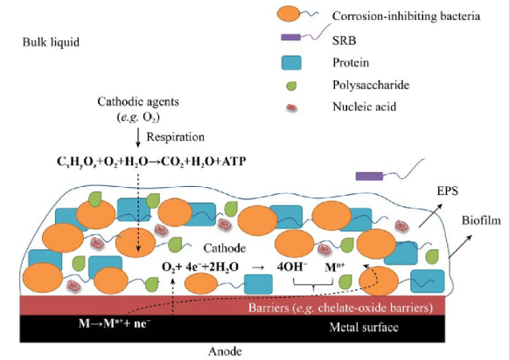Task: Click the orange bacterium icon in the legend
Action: pyautogui.click(x=289, y=14)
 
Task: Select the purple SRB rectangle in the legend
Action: pyautogui.click(x=291, y=37)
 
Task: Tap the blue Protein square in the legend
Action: pyautogui.click(x=291, y=63)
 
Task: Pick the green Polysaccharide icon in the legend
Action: pyautogui.click(x=291, y=86)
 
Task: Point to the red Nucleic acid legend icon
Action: pyautogui.click(x=291, y=107)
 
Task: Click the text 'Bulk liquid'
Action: pyautogui.click(x=51, y=42)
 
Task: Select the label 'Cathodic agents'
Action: pyautogui.click(x=138, y=101)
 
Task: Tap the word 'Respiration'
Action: pyautogui.click(x=175, y=136)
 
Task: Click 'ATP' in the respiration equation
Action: pyautogui.click(x=234, y=161)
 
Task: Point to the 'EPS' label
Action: pyautogui.click(x=447, y=190)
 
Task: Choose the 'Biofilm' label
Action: pyautogui.click(x=481, y=220)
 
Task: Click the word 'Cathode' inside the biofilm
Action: pyautogui.click(x=225, y=248)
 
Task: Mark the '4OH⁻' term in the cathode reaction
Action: pyautogui.click(x=292, y=267)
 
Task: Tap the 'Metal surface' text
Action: pyautogui.click(x=364, y=327)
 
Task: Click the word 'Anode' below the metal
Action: pyautogui.click(x=225, y=351)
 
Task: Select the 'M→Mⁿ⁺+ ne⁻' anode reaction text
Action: pyautogui.click(x=115, y=323)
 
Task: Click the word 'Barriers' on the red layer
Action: pyautogui.click(x=268, y=307)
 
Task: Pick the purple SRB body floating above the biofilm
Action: pyautogui.click(x=369, y=177)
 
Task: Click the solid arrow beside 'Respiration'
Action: pyautogui.click(x=138, y=137)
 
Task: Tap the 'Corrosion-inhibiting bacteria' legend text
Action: pyautogui.click(x=406, y=16)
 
